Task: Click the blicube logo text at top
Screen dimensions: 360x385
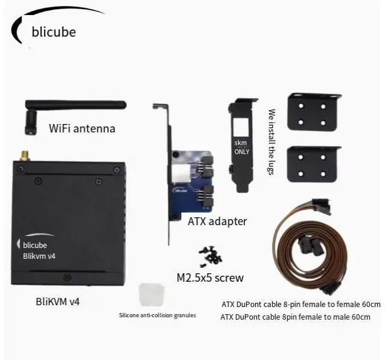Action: [x=54, y=32]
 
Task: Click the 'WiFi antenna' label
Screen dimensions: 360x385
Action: [x=82, y=128]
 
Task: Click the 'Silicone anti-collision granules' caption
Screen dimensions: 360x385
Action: [x=157, y=315]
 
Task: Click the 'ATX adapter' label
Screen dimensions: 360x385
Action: [x=217, y=221]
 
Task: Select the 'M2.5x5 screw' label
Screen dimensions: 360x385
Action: [x=210, y=278]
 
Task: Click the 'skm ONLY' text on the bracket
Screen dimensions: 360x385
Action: [x=241, y=147]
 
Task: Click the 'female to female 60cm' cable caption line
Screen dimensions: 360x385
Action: [x=300, y=303]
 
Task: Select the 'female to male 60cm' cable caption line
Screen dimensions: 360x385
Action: [x=295, y=317]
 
